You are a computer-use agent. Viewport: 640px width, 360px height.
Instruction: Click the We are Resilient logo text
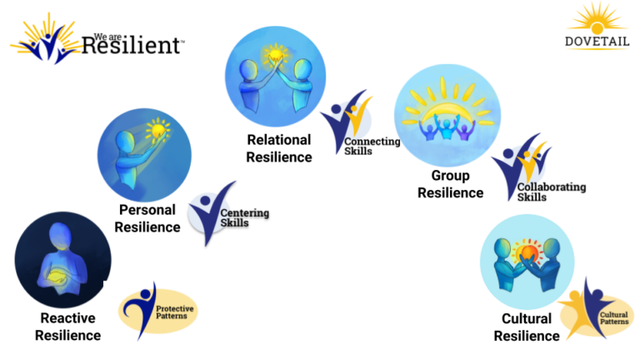pos(131,43)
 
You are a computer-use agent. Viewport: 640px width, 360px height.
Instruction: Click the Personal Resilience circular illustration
pos(144,153)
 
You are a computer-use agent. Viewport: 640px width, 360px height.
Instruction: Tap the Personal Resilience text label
pos(148,218)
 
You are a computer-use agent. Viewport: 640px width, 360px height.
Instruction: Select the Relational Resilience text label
pos(279,148)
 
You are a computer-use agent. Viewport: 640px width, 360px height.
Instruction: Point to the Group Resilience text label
pos(450,184)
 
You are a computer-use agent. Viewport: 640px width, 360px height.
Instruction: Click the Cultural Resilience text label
pos(527,327)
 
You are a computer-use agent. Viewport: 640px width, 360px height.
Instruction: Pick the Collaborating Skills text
pos(550,192)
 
